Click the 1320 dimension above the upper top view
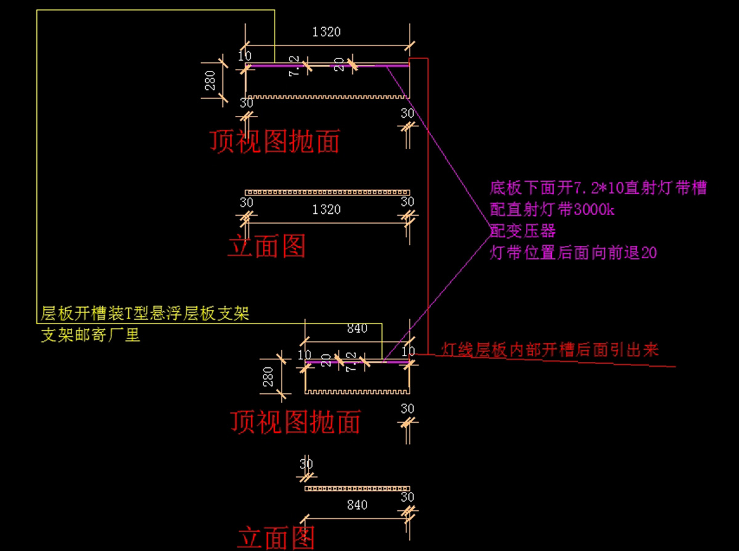[x=326, y=32]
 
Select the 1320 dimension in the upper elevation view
[x=326, y=210]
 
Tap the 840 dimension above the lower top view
[x=357, y=329]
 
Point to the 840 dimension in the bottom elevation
[x=357, y=505]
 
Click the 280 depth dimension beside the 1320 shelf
[x=210, y=80]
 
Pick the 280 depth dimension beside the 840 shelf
[x=269, y=376]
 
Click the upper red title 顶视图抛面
[x=275, y=142]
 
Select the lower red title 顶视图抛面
[x=296, y=422]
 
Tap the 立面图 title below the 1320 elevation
[x=267, y=247]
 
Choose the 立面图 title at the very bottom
[x=276, y=537]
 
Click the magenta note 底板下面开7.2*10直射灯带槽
[x=598, y=188]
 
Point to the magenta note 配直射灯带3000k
[x=552, y=210]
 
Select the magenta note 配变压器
[x=523, y=231]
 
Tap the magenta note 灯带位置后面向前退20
[x=573, y=253]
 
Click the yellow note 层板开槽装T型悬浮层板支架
[x=145, y=314]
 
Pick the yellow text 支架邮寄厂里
[x=91, y=336]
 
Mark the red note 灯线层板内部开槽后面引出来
[x=550, y=351]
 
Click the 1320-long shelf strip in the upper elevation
[x=326, y=193]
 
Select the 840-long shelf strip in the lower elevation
[x=357, y=489]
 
